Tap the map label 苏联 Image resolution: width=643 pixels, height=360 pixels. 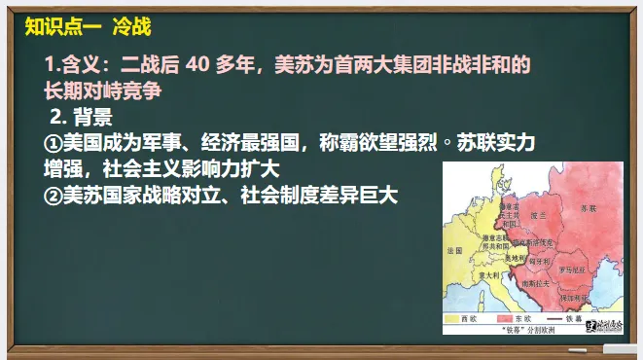(589, 209)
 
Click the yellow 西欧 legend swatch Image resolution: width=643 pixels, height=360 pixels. (453, 317)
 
